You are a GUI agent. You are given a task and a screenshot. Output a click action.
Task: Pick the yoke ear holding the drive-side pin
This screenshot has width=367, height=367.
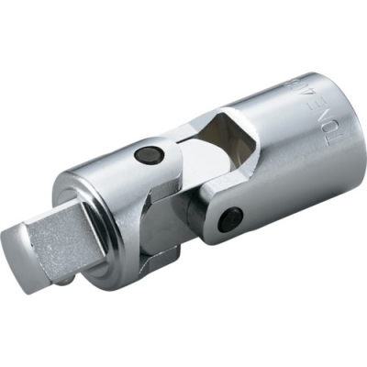coord(151,165)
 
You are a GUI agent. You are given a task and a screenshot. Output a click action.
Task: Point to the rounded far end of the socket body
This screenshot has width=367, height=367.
coord(339,119)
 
